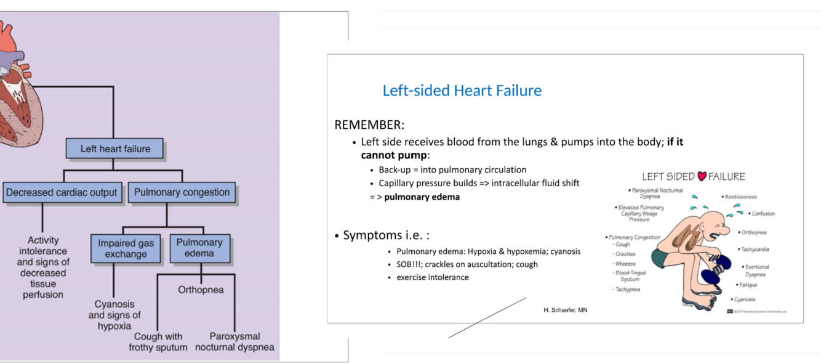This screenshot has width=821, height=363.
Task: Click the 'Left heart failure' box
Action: click(114, 149)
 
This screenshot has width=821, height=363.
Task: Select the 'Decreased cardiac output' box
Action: click(62, 192)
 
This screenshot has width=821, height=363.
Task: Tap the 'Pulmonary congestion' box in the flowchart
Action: click(182, 192)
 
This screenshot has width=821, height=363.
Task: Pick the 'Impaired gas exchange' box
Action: click(126, 248)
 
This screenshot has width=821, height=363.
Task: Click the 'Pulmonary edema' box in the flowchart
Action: click(199, 248)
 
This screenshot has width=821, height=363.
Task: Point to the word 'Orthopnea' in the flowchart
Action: click(201, 290)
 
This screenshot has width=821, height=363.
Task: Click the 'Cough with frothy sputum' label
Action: click(158, 341)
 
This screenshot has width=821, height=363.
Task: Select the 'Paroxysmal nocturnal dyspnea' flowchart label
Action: click(234, 341)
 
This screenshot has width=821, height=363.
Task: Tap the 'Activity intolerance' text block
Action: click(43, 267)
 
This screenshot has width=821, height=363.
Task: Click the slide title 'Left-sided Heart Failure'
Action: click(462, 91)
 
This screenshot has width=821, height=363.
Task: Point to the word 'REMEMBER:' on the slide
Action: click(369, 125)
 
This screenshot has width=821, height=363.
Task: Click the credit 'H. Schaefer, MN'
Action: click(565, 310)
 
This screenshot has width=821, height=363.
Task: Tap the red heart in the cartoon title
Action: click(702, 177)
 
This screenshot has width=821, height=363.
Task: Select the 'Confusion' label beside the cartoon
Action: click(763, 214)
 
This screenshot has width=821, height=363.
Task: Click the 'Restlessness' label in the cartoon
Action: click(741, 197)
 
